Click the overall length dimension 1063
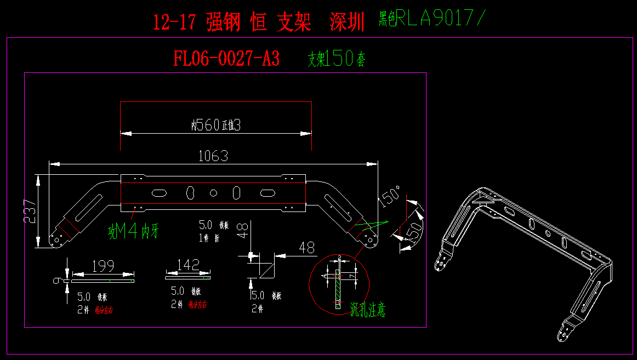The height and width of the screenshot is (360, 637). coord(213,156)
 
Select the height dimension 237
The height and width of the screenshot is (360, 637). coord(30,211)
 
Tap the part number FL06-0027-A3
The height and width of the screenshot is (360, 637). coord(226,58)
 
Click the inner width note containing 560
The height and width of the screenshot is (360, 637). coord(216,125)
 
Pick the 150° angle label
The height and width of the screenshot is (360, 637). coord(389,196)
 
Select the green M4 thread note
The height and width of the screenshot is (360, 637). coord(133,232)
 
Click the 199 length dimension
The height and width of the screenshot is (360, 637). coord(103,266)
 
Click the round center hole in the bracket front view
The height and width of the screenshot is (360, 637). coord(214,192)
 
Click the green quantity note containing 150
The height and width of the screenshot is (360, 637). coord(335,59)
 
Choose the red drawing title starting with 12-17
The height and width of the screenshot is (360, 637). coord(258,22)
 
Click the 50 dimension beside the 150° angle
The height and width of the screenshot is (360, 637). coord(414,228)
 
